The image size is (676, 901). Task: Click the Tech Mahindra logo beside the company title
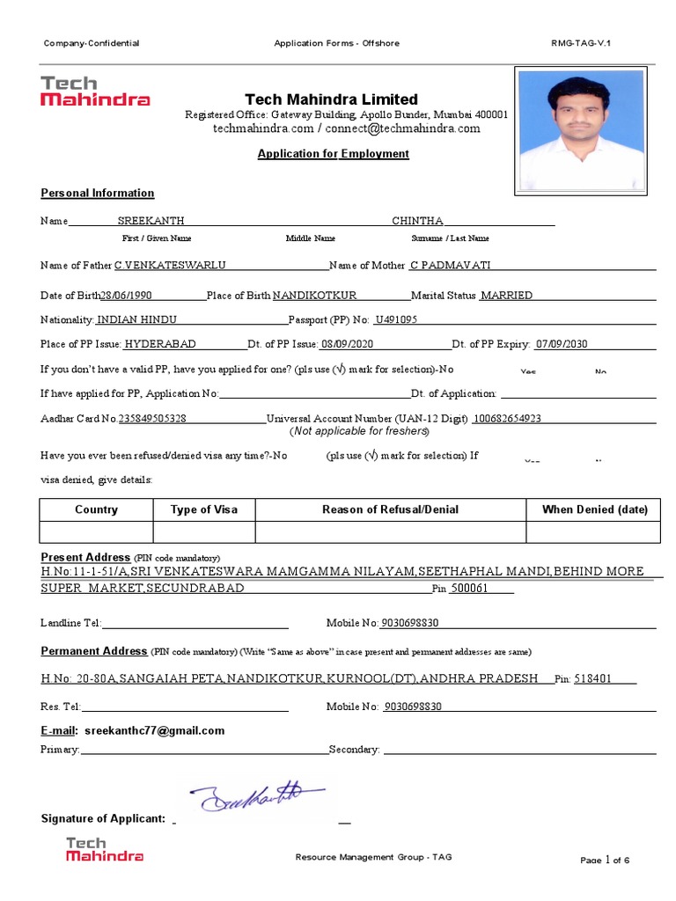[x=95, y=92]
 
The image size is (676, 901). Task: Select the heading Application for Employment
[x=333, y=154]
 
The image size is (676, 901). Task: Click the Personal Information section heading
[x=98, y=194]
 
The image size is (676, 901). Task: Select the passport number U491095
[x=396, y=320]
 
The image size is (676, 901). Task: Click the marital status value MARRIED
[x=506, y=296]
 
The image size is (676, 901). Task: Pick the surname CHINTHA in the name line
[x=417, y=221]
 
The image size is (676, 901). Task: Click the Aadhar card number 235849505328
[x=152, y=419]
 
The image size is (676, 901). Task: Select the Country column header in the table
[x=96, y=509]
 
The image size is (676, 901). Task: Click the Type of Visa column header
[x=203, y=509]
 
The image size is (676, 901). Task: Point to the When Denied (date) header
[x=594, y=509]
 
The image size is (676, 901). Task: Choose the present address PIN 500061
[x=469, y=589]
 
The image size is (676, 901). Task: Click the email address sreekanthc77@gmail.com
[x=154, y=730]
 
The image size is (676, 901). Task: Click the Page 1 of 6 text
[x=605, y=860]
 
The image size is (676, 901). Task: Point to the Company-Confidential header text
[x=92, y=43]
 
